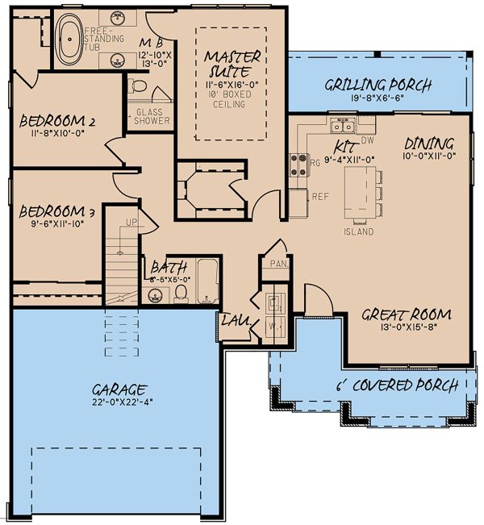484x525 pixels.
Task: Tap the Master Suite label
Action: point(232,63)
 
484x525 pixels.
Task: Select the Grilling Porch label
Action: point(378,85)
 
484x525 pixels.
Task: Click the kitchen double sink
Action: point(344,125)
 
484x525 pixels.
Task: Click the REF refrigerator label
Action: point(319,196)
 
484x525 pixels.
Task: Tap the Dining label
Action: point(428,142)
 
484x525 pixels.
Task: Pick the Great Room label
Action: point(406,315)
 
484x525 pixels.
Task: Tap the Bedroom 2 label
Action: point(57,122)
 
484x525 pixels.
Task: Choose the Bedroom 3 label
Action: point(57,211)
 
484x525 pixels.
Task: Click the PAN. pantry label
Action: point(279,263)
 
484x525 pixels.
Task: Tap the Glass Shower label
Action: point(152,116)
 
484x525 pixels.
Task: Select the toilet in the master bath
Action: point(138,85)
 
